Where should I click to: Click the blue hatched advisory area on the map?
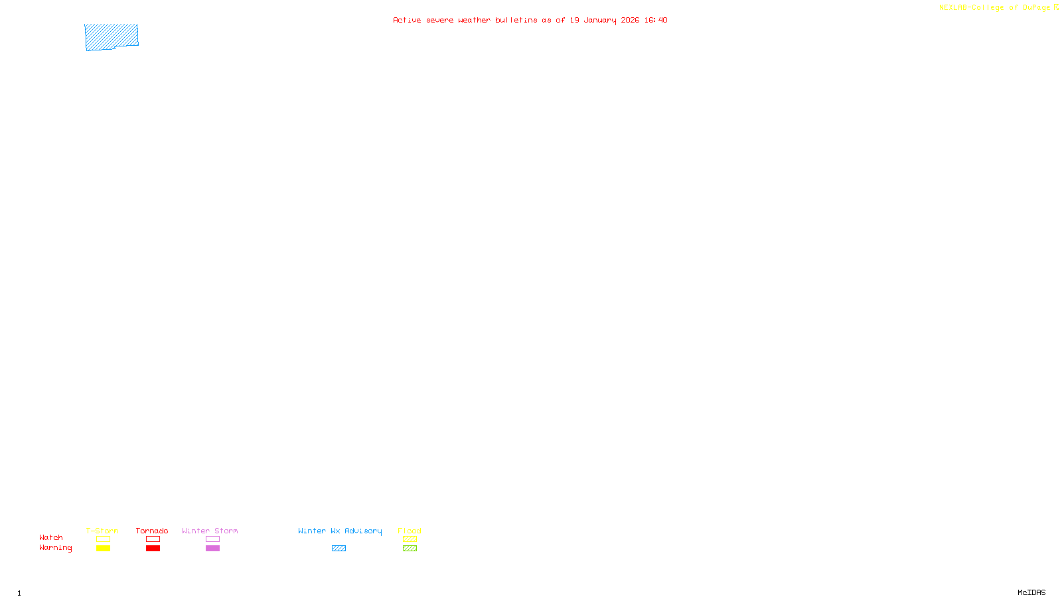[111, 36]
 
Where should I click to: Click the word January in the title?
[600, 20]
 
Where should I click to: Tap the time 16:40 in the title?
[655, 20]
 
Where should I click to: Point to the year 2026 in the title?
[630, 20]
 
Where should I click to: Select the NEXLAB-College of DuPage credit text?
[994, 7]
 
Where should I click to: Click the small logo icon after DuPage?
[1056, 7]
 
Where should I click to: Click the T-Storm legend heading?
[102, 531]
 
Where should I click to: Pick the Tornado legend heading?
[152, 531]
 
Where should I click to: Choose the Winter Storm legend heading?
[210, 531]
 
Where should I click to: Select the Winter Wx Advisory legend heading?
[340, 531]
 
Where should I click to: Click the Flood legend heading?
[410, 531]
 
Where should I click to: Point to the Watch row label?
[51, 537]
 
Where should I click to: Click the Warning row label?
[55, 548]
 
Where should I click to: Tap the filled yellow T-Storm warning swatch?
[103, 549]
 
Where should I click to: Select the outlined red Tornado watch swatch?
[153, 539]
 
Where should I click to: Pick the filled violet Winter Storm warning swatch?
[212, 549]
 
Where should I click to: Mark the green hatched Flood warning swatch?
[410, 549]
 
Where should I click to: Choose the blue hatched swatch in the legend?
[339, 549]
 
